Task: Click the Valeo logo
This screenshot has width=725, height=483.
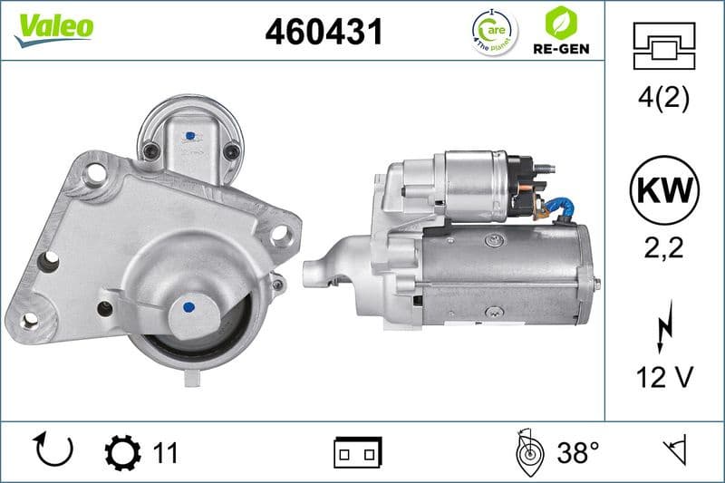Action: [53, 25]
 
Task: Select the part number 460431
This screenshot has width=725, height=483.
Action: [324, 32]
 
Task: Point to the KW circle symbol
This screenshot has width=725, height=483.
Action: [666, 191]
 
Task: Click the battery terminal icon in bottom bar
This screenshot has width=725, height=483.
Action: [357, 450]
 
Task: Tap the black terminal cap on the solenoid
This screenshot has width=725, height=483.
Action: [522, 178]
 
